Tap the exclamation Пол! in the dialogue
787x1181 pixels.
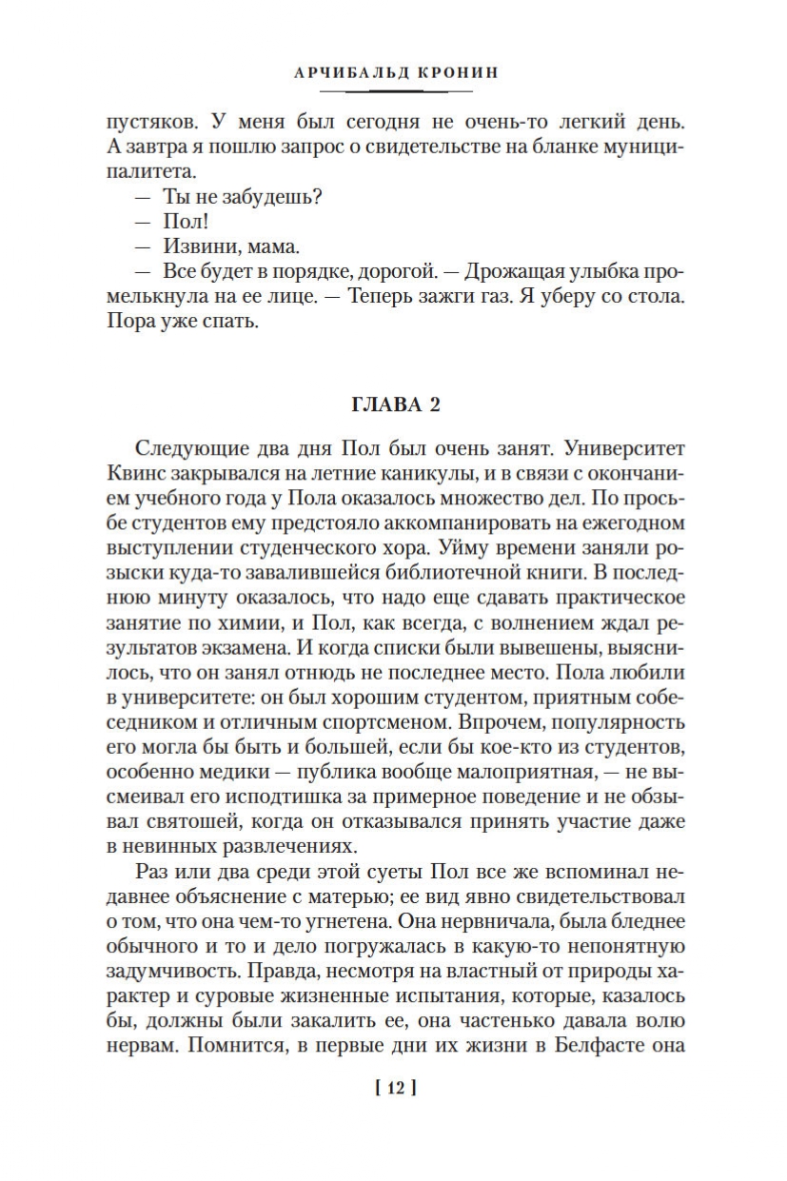coord(173,222)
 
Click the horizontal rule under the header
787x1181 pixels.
coord(395,91)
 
